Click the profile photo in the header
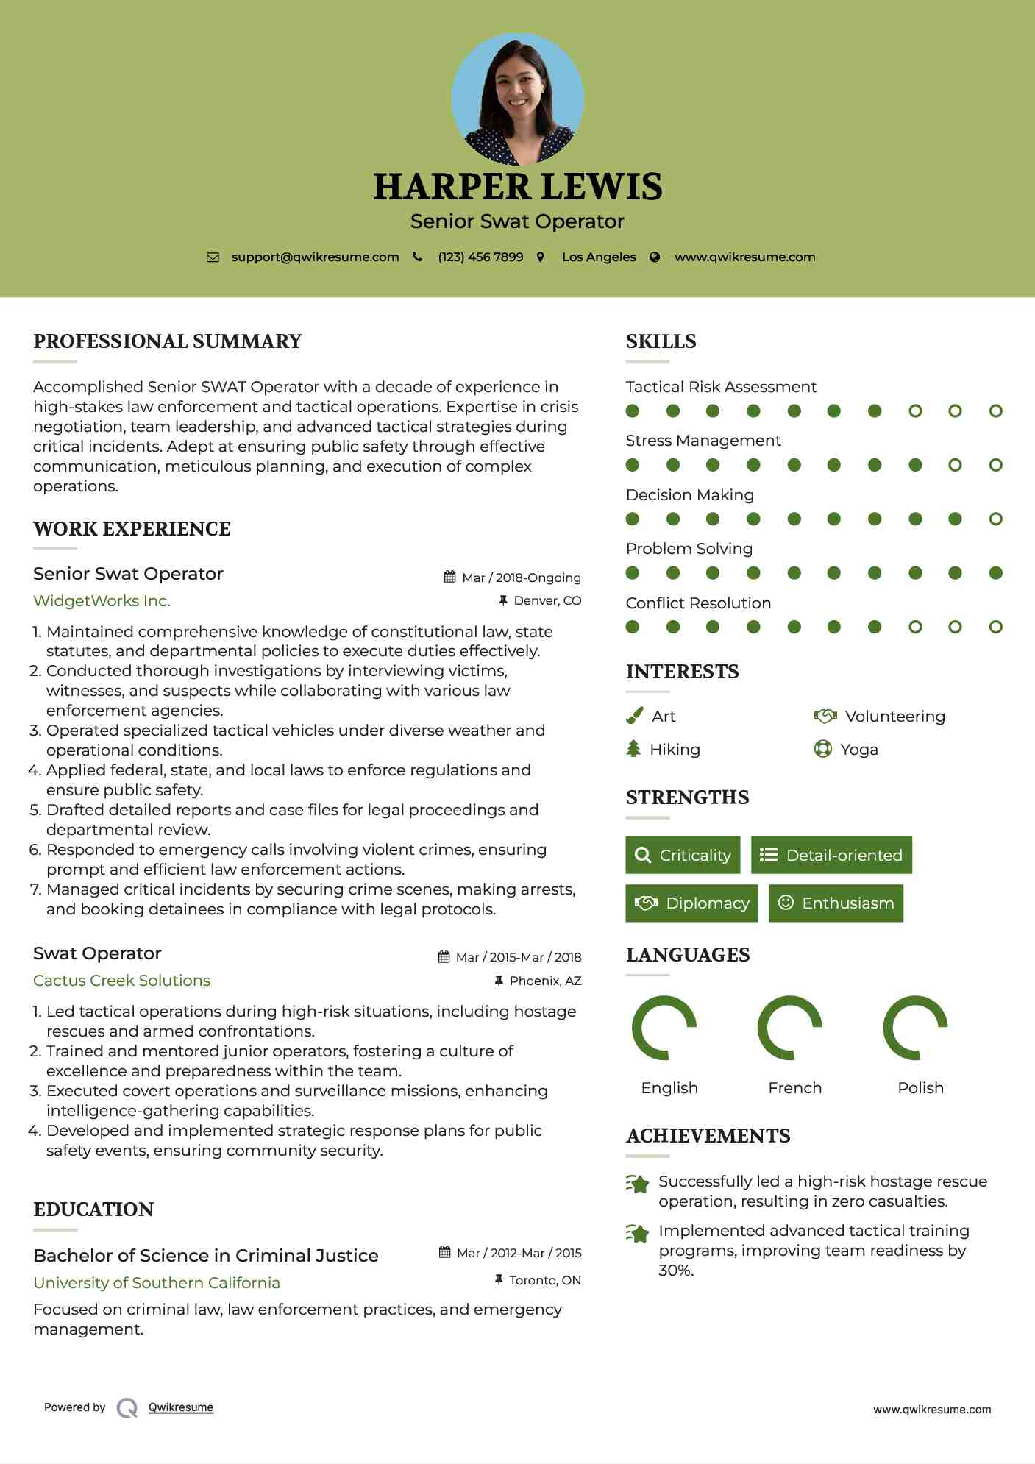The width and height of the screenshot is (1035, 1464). (x=517, y=99)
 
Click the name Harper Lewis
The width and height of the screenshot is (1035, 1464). (x=517, y=187)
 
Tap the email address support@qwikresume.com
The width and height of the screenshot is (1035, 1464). (x=315, y=257)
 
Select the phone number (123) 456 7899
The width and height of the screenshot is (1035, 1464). (x=480, y=257)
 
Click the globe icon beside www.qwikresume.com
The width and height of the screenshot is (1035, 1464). (x=655, y=257)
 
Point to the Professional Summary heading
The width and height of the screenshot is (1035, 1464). (x=168, y=341)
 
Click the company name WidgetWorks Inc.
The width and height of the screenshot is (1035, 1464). (x=102, y=601)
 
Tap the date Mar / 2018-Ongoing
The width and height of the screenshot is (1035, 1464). (x=521, y=578)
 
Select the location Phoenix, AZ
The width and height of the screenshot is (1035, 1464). (x=545, y=981)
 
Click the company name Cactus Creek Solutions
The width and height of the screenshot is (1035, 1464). (x=121, y=981)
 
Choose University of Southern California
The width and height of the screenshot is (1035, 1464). (x=157, y=1282)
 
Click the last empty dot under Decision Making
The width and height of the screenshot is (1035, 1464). (x=995, y=519)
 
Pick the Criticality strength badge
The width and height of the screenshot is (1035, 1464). (x=683, y=855)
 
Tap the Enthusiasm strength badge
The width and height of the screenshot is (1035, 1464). (x=836, y=903)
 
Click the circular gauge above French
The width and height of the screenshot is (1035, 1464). (x=790, y=1028)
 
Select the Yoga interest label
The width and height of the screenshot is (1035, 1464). (x=859, y=750)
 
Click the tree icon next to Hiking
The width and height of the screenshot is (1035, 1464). (x=633, y=749)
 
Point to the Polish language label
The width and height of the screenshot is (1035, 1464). (x=920, y=1087)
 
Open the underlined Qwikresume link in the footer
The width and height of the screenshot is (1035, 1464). (x=181, y=1407)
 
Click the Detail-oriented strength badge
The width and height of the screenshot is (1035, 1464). (x=831, y=855)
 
